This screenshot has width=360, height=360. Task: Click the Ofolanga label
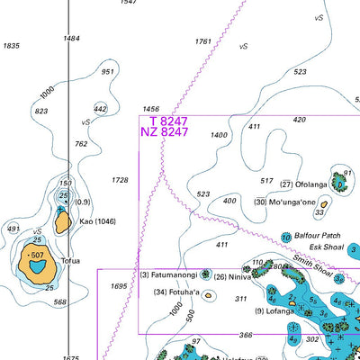click(x=311, y=184)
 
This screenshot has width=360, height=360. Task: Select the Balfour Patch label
click(x=316, y=236)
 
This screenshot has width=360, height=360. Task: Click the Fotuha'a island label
click(x=177, y=292)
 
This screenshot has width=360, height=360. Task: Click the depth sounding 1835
click(x=12, y=45)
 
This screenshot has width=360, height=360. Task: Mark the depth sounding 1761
click(x=202, y=41)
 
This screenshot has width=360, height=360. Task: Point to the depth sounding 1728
click(x=119, y=180)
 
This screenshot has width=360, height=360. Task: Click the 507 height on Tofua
click(x=37, y=256)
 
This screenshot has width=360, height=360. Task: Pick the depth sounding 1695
click(x=119, y=286)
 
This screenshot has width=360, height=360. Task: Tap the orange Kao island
click(x=61, y=222)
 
